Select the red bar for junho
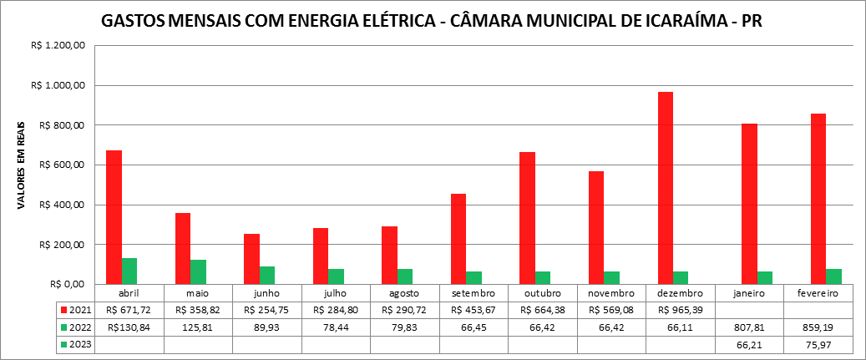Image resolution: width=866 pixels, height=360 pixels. pyautogui.click(x=251, y=259)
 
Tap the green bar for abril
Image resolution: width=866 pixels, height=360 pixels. pyautogui.click(x=129, y=271)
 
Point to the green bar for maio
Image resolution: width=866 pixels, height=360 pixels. pyautogui.click(x=198, y=271)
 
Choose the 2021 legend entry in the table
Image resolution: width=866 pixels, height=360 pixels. pyautogui.click(x=76, y=310)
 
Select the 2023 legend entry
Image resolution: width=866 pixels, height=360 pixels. pyautogui.click(x=76, y=344)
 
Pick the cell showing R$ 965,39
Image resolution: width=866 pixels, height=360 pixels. pyautogui.click(x=680, y=310)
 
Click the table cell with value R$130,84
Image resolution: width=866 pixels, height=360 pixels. pyautogui.click(x=129, y=327)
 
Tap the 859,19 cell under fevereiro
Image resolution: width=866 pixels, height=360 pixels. pyautogui.click(x=818, y=327)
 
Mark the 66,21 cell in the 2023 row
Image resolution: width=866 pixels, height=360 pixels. pyautogui.click(x=749, y=344)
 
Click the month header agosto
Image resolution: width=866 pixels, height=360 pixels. pyautogui.click(x=404, y=293)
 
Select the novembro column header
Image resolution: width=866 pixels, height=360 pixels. pyautogui.click(x=610, y=293)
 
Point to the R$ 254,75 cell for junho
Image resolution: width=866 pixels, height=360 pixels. pyautogui.click(x=267, y=310)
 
